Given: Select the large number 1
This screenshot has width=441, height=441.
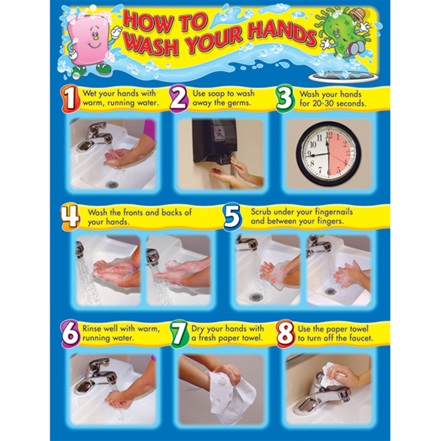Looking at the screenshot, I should (x=69, y=98).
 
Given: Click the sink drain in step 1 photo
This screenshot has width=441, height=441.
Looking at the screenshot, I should (x=112, y=184).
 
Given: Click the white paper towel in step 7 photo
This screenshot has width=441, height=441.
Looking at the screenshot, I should (x=232, y=394).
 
